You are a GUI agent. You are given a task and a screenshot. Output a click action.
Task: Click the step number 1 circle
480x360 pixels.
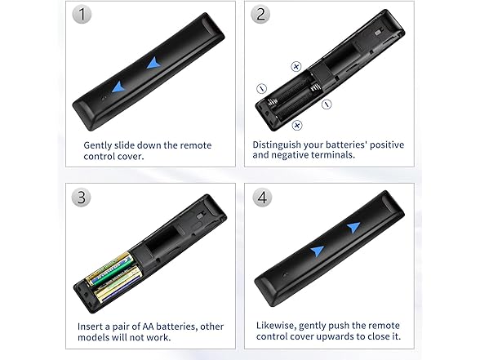(82, 16)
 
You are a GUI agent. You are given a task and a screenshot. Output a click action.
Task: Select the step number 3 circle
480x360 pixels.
(82, 198)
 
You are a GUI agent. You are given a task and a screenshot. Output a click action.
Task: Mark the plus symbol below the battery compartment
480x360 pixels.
(297, 124)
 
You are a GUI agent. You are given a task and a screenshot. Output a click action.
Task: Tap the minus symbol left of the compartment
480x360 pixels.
(261, 88)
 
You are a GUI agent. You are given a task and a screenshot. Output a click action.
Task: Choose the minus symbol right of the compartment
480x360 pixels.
(327, 104)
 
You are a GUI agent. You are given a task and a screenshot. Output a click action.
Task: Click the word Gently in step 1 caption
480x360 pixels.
(100, 145)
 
